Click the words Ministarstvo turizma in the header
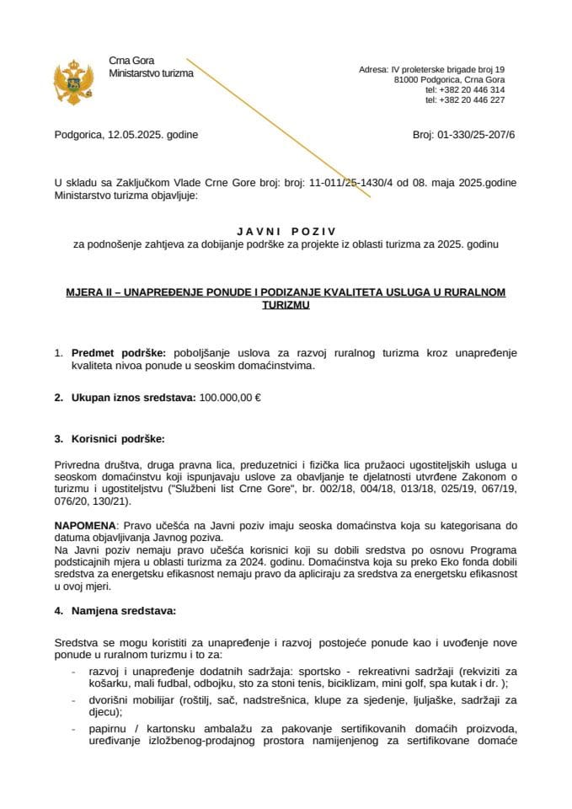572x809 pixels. tap(151, 73)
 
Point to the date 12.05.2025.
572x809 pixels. tap(135, 134)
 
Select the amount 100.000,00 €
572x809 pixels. tap(230, 397)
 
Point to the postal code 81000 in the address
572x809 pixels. tap(407, 79)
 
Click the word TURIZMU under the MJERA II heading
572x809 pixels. tap(286, 306)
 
